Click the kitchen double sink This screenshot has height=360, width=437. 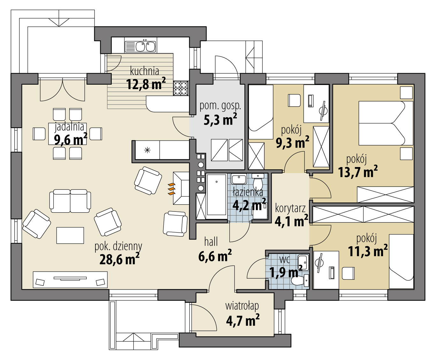coord(140,47)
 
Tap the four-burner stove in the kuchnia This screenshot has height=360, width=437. coord(180,88)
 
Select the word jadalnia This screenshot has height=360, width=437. coord(69,127)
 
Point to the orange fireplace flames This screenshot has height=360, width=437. coord(172,189)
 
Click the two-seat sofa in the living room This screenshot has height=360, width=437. coord(70,201)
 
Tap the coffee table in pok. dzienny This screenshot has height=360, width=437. coord(70,235)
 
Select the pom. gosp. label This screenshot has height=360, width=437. coord(220,106)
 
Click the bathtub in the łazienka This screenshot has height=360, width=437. coord(216,195)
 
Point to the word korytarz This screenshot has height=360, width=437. coord(290,209)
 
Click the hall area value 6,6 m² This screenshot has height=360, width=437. coord(215,256)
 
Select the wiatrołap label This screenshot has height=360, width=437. coord(242,306)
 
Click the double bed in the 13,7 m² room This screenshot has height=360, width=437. coord(386,123)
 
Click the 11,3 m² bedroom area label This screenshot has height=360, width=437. coord(368,251)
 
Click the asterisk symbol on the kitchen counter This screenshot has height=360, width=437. coord(147,150)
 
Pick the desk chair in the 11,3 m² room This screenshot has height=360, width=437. coord(348,274)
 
